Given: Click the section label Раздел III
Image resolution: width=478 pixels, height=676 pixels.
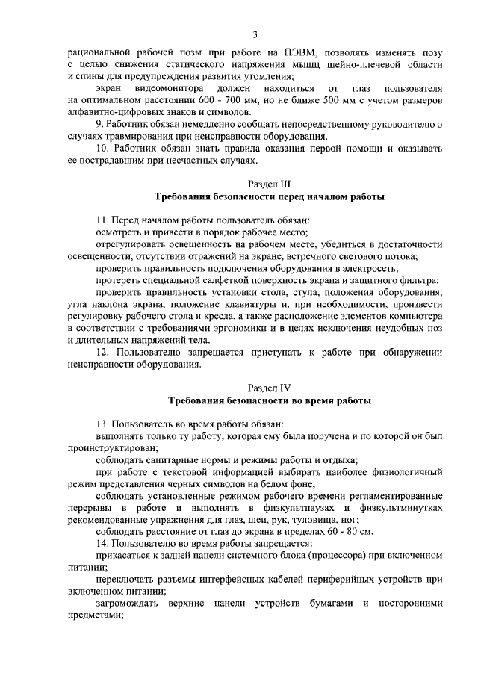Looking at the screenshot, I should (269, 184).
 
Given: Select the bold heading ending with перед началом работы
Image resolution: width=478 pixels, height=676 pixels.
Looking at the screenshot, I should (269, 197).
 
